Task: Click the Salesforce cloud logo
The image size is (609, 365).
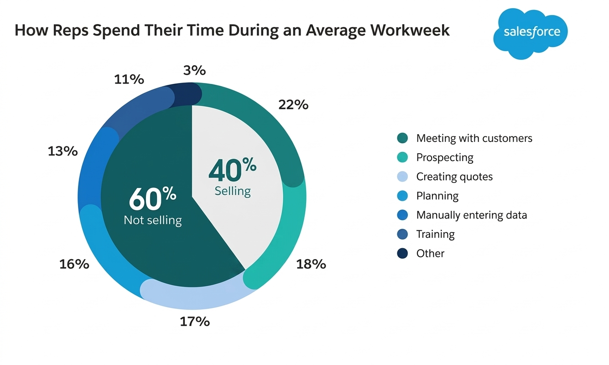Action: pyautogui.click(x=532, y=33)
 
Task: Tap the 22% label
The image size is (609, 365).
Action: pyautogui.click(x=293, y=105)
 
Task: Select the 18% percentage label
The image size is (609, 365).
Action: pyautogui.click(x=311, y=264)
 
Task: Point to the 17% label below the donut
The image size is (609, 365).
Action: pyautogui.click(x=194, y=322)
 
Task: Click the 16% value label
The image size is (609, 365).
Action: pyautogui.click(x=74, y=264)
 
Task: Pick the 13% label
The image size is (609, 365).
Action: pyautogui.click(x=62, y=151)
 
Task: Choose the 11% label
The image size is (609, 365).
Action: pyautogui.click(x=129, y=79)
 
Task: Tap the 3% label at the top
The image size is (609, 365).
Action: pyautogui.click(x=194, y=71)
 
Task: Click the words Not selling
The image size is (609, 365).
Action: pyautogui.click(x=153, y=220)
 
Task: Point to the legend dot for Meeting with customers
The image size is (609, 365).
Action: pyautogui.click(x=402, y=138)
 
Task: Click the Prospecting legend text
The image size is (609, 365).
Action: pyautogui.click(x=445, y=158)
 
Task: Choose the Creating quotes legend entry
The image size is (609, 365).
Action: pyautogui.click(x=454, y=177)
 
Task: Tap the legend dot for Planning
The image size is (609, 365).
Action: pyautogui.click(x=402, y=196)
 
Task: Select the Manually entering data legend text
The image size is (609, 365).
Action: pyautogui.click(x=471, y=215)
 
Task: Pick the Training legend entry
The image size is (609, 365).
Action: pyautogui.click(x=435, y=235)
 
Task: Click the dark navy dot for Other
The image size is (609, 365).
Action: pyautogui.click(x=402, y=254)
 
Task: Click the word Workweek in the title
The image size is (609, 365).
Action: pyautogui.click(x=410, y=30)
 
